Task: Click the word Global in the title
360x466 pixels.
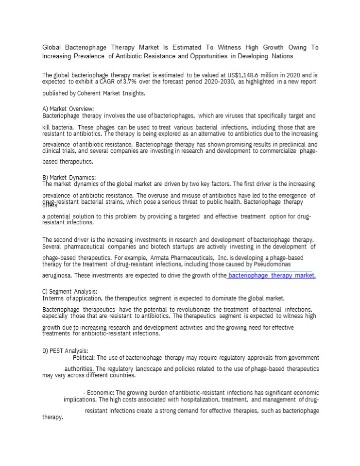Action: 52,48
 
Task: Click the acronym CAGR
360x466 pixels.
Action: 102,83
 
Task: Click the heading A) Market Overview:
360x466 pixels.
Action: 68,109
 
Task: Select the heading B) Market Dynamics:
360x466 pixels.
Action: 69,177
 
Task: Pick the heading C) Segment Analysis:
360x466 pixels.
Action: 70,292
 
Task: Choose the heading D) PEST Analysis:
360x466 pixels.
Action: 65,351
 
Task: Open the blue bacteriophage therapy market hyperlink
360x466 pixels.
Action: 272,276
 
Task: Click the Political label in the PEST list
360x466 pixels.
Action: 84,358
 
